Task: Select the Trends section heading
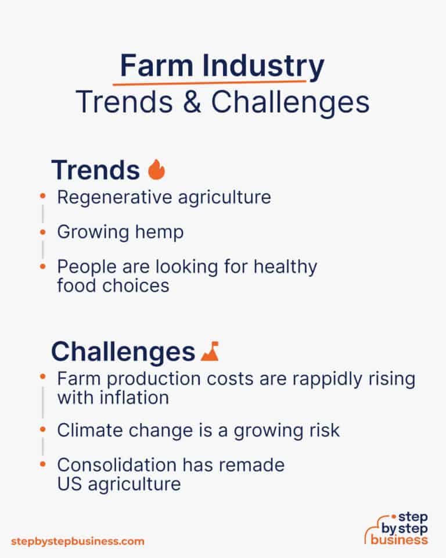click(x=96, y=170)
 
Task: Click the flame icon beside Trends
click(x=156, y=170)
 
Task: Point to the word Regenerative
click(x=109, y=197)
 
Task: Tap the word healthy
click(x=283, y=267)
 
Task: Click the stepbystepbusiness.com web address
click(x=78, y=541)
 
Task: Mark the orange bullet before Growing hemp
click(x=42, y=232)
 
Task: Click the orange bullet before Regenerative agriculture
click(x=42, y=197)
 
